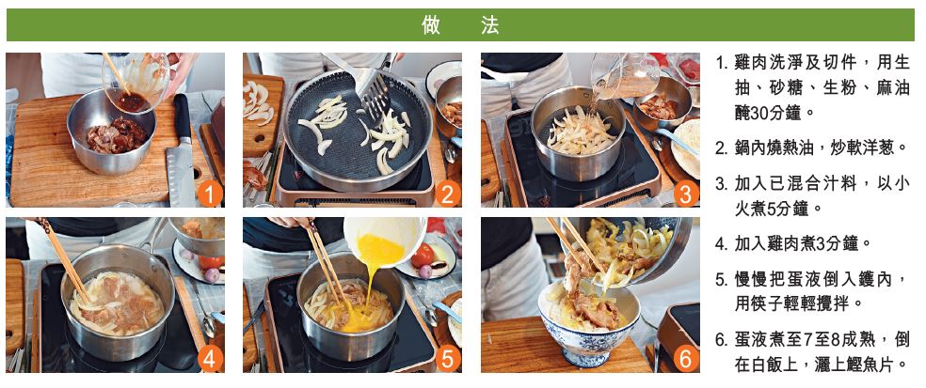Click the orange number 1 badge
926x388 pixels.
[210, 193]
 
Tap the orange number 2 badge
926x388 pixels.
[448, 193]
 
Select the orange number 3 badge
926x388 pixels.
[686, 193]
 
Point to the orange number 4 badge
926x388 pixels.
[210, 359]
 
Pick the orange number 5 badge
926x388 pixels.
[448, 359]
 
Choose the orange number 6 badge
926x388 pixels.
[686, 359]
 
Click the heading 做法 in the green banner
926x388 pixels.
[460, 24]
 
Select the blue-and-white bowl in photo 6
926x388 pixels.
[588, 323]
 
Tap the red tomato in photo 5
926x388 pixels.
[423, 256]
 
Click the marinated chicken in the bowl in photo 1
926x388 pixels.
[117, 135]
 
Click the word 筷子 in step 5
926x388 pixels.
[769, 303]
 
